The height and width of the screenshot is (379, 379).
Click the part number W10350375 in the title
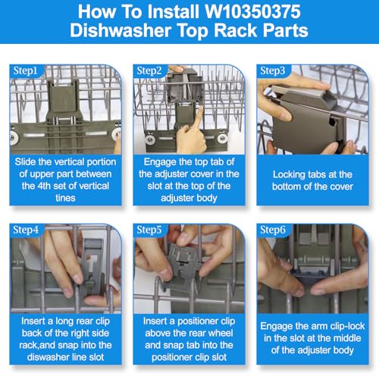(252, 11)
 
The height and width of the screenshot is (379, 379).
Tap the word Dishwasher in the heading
(121, 30)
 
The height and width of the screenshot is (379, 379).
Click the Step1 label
(25, 70)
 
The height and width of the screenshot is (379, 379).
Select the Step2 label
(149, 70)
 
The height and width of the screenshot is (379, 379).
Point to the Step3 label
(273, 70)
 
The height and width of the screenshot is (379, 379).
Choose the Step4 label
(26, 230)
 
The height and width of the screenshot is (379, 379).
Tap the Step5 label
(149, 230)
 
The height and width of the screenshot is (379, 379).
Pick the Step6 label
(273, 230)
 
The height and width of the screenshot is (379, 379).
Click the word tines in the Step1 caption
(65, 198)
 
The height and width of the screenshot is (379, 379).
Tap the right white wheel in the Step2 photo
(222, 138)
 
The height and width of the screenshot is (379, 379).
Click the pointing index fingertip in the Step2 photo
(200, 108)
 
